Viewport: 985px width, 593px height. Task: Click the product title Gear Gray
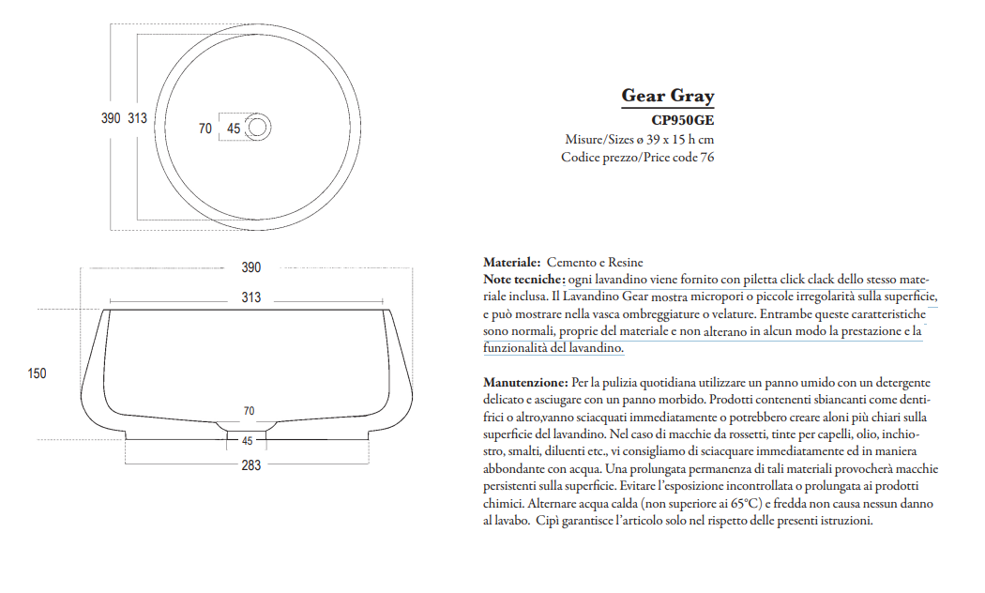click(667, 96)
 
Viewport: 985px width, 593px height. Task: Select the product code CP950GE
click(682, 120)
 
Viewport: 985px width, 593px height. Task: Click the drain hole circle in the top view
click(258, 127)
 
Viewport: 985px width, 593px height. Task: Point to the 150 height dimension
click(37, 373)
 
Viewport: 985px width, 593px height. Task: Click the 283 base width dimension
click(250, 465)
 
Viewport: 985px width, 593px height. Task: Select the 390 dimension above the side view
click(250, 267)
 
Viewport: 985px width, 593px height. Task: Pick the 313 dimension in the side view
click(250, 297)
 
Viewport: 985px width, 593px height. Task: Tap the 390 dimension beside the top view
click(111, 118)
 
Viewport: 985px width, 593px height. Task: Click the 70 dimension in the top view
click(205, 129)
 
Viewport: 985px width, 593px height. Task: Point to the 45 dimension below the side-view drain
click(248, 440)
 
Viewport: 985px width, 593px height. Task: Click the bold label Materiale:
click(511, 263)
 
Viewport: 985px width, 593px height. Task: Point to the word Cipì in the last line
click(549, 521)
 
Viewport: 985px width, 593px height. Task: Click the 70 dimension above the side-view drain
click(249, 411)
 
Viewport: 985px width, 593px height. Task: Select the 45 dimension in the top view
click(234, 129)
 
